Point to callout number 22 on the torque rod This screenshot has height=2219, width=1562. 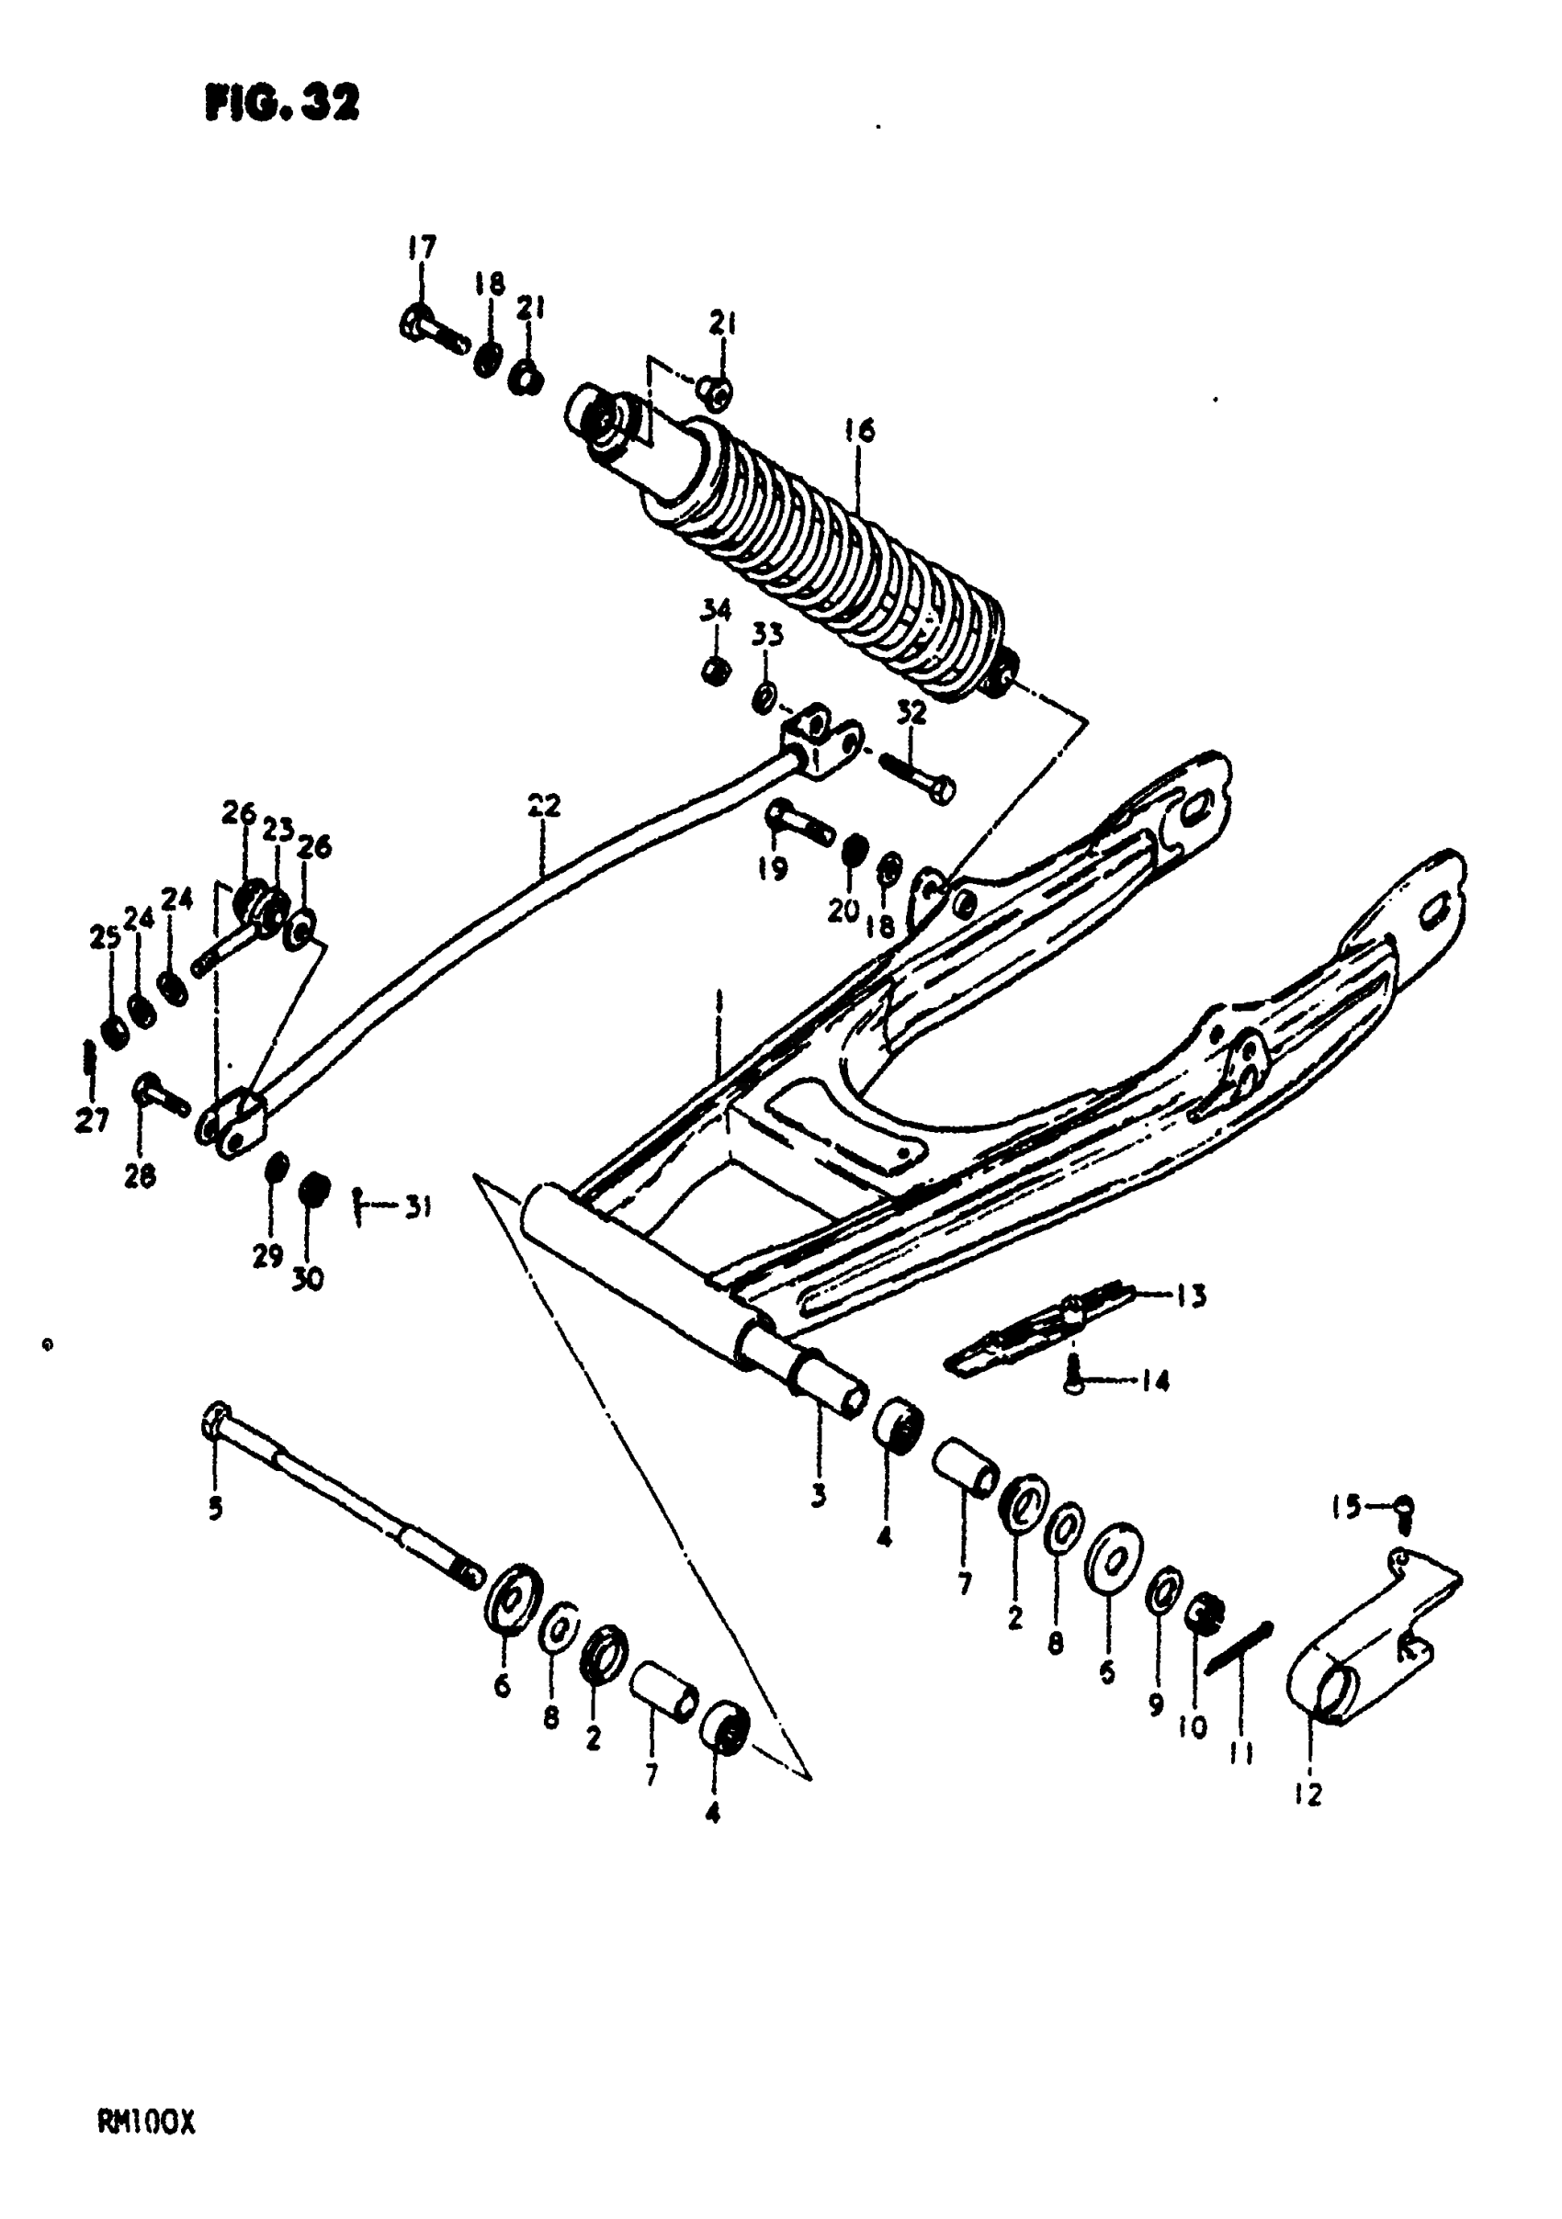[x=544, y=805]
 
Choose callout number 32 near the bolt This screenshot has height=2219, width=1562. [x=911, y=712]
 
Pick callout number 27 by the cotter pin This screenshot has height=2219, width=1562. [x=93, y=1121]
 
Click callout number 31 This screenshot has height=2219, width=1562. [x=416, y=1206]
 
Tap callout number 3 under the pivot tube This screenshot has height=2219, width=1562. [x=818, y=1497]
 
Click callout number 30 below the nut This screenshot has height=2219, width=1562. [x=308, y=1280]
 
